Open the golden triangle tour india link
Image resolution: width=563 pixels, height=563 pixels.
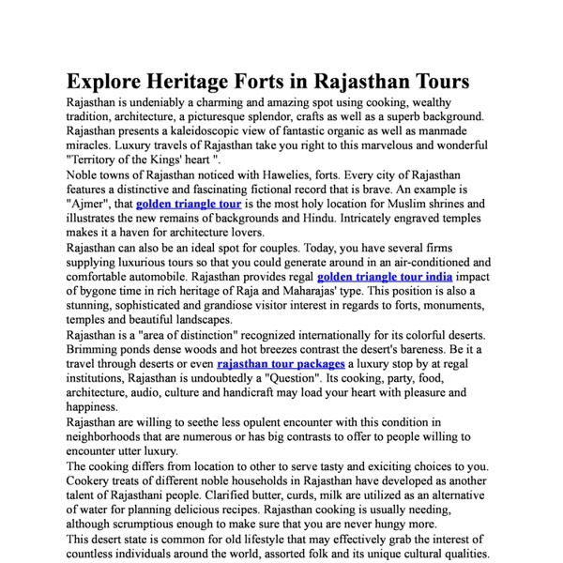[385, 277]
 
